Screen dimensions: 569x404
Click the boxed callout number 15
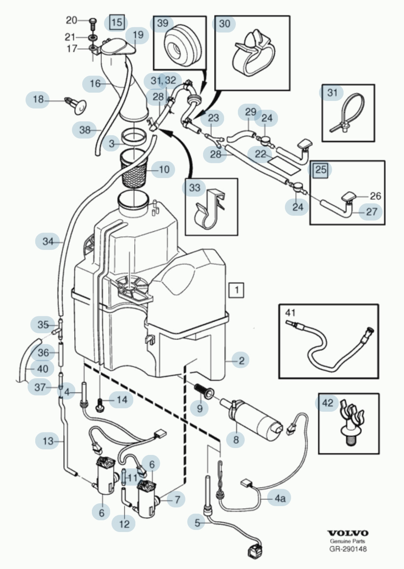point(117,22)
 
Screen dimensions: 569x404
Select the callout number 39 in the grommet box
point(162,23)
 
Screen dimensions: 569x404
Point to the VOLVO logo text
point(348,533)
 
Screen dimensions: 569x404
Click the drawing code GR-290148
point(348,549)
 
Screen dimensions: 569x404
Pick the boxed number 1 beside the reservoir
point(237,290)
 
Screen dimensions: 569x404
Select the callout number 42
point(327,403)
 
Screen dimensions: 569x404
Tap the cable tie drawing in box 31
point(349,113)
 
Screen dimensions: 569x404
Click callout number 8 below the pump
point(236,440)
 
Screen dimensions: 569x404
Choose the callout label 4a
point(280,498)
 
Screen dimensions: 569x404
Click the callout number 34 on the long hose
point(48,241)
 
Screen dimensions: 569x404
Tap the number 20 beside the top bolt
point(71,20)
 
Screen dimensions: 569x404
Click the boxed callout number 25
point(321,169)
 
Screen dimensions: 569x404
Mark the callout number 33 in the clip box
point(195,187)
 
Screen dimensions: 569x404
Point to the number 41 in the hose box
point(290,313)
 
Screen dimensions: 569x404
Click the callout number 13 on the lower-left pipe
point(48,441)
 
